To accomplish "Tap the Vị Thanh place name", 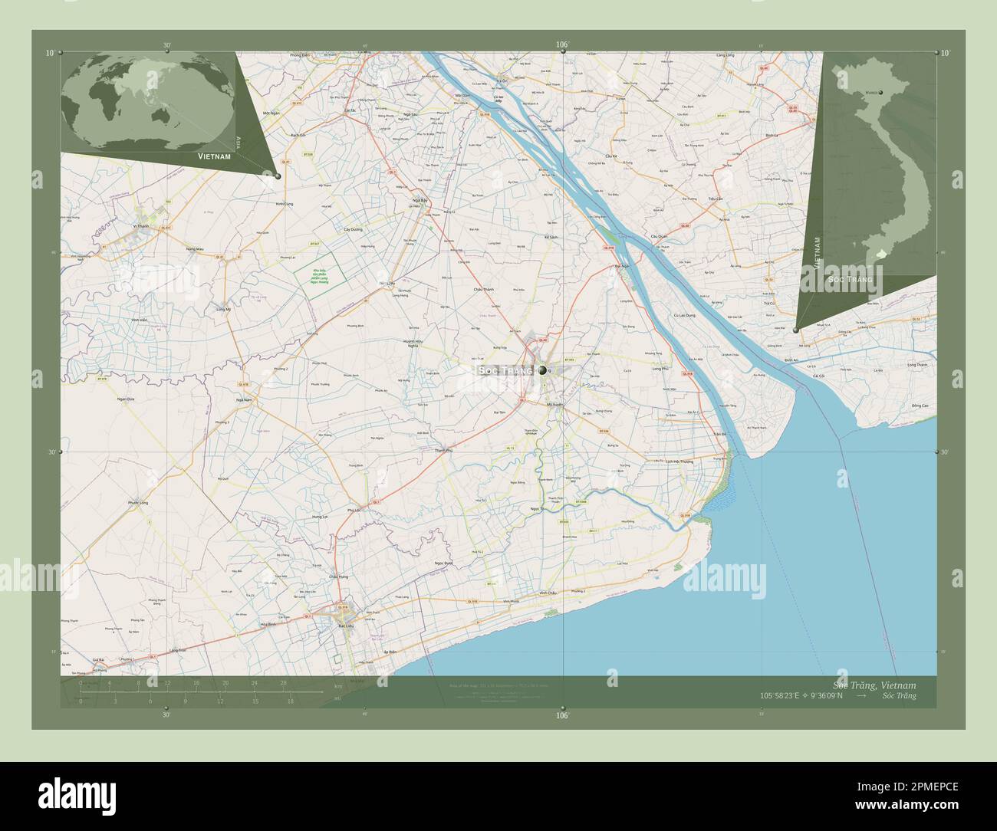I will pyautogui.click(x=141, y=226).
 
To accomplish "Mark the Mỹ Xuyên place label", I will pyautogui.click(x=555, y=404).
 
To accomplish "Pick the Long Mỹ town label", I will pyautogui.click(x=224, y=308).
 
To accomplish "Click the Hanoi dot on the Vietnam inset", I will pyautogui.click(x=881, y=93).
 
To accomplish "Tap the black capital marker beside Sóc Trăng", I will pyautogui.click(x=543, y=370).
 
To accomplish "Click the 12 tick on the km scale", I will pyautogui.click(x=166, y=683).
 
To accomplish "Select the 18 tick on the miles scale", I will pyautogui.click(x=291, y=701).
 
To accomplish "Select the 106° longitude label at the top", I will pyautogui.click(x=563, y=44).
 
